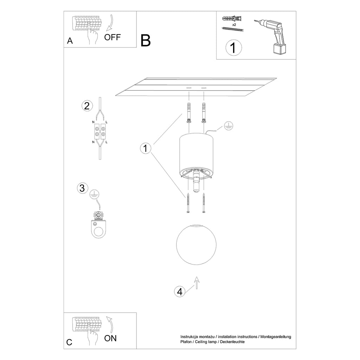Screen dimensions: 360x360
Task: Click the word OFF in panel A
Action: coord(112,37)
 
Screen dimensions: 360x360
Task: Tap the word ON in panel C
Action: coord(110,338)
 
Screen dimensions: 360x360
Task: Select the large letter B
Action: coord(146,41)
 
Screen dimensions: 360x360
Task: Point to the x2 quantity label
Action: coord(234,25)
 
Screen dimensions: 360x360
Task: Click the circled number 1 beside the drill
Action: coord(233,48)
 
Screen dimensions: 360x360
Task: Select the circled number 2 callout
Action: coord(87,106)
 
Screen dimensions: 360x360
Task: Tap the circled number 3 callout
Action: coord(82,188)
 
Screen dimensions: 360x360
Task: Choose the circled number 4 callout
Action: coord(180,292)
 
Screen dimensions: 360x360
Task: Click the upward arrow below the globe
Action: coord(197,282)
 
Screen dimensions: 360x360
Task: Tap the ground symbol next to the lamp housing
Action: coord(229,126)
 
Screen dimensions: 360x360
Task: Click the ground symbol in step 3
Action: coord(94,194)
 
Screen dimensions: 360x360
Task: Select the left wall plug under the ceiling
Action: coord(189,113)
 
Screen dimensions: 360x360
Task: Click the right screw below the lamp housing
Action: coord(204,203)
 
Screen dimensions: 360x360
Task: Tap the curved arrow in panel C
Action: coord(110,324)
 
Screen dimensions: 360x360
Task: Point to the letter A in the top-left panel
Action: coord(70,41)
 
